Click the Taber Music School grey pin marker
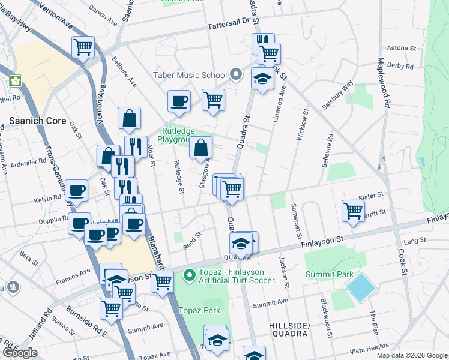point(236,75)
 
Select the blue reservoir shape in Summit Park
point(361,287)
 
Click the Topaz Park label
point(200,310)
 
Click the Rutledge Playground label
point(183,134)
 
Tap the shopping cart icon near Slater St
point(353,210)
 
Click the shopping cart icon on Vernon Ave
point(83,46)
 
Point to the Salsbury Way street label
point(337,96)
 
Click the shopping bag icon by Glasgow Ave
point(201,147)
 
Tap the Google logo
point(20,353)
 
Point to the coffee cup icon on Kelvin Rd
point(76,190)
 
